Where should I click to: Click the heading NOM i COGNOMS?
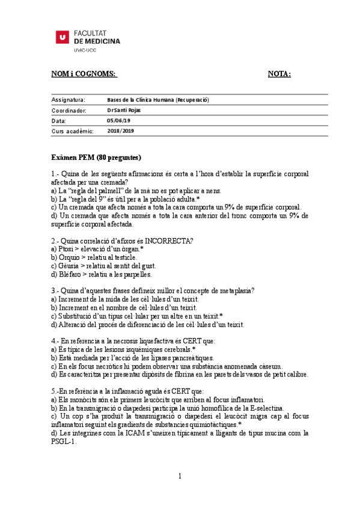click(83, 74)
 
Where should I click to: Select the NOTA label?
click(279, 74)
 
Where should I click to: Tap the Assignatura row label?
click(68, 100)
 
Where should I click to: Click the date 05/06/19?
click(118, 121)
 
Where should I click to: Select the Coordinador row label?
click(69, 111)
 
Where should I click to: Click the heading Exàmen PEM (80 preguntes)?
click(96, 158)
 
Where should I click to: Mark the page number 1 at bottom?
click(180, 477)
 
